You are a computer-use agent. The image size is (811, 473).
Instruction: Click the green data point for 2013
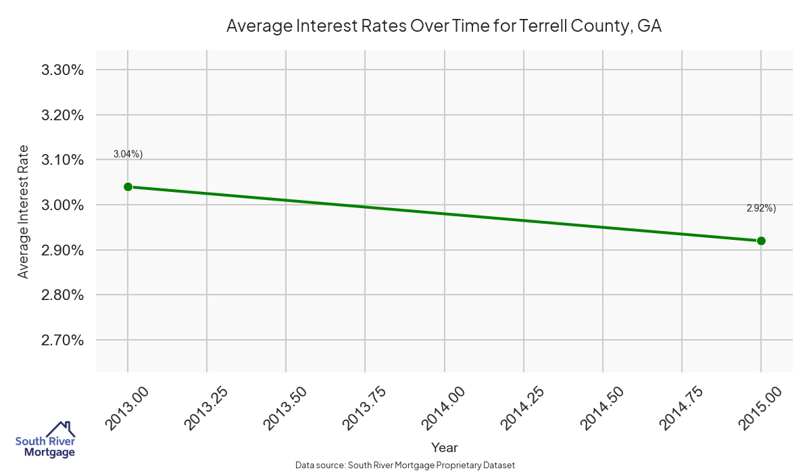point(128,186)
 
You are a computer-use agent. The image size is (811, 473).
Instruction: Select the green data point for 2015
point(761,241)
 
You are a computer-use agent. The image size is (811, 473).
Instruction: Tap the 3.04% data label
point(128,154)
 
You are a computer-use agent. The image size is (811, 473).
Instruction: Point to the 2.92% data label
point(761,208)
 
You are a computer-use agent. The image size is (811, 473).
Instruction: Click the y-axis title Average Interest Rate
point(24,211)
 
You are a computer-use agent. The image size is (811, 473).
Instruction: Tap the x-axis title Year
point(444,447)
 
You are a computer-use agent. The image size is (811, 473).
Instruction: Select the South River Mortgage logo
point(45,441)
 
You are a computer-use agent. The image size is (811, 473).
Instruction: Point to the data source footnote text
point(405,465)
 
